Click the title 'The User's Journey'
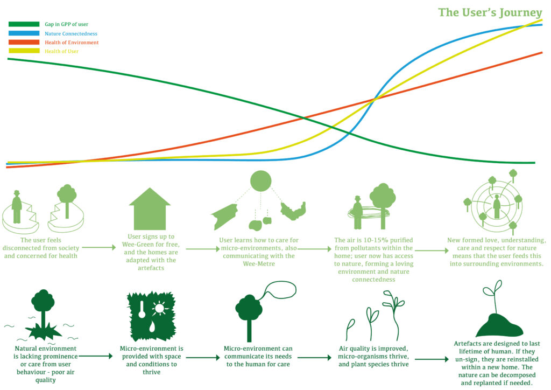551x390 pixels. point(490,13)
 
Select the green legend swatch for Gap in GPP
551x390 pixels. point(24,24)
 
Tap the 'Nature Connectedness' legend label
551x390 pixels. point(71,34)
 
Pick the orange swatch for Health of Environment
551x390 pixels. point(24,42)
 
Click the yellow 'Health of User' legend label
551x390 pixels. point(61,51)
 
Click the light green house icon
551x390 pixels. point(150,209)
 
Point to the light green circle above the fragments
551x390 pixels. point(261,181)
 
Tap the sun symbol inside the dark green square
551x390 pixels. point(159,309)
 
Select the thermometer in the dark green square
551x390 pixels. point(142,309)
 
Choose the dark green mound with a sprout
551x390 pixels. point(499,325)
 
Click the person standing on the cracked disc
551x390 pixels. point(17,207)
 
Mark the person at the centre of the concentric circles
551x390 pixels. point(497,207)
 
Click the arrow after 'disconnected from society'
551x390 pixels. point(99,248)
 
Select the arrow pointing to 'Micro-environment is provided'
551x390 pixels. point(95,356)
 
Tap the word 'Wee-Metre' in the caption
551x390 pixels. point(259,264)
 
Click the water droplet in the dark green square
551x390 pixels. point(152,326)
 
